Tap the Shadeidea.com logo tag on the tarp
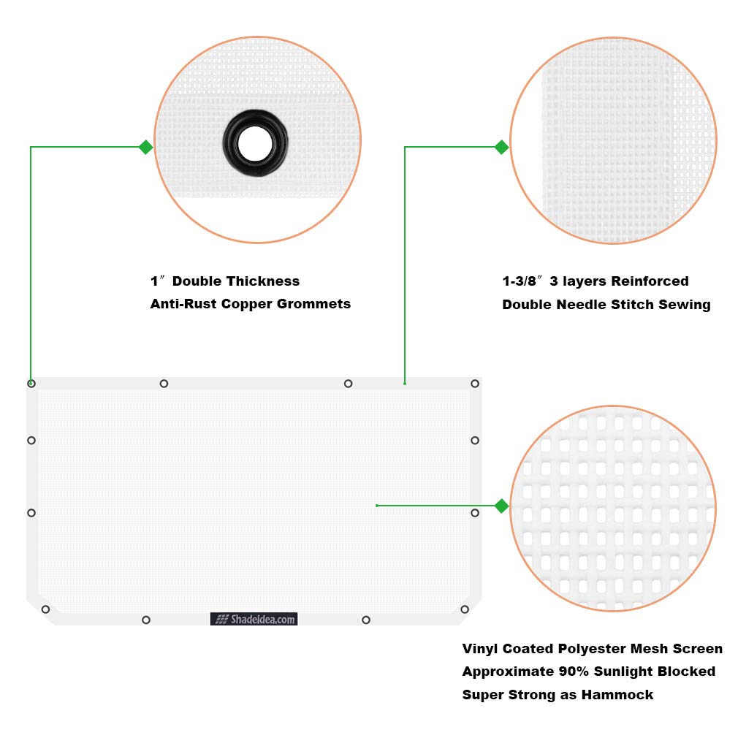coord(254,619)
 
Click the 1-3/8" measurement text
coord(522,281)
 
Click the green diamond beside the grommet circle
coord(145,147)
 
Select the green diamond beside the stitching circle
coord(501,147)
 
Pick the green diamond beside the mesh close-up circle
coord(501,506)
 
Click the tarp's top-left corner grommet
coord(31,384)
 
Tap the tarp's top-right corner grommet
coord(475,384)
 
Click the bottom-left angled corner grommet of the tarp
coord(45,609)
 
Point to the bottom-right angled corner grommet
coord(465,609)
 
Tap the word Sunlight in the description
coord(620,671)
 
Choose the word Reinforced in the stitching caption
coord(650,281)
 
